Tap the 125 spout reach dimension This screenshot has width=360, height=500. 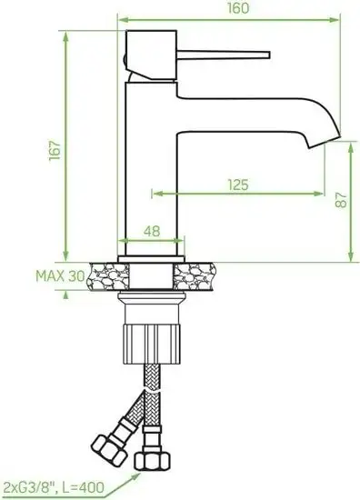(x=238, y=185)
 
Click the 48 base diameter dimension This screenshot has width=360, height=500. (x=152, y=231)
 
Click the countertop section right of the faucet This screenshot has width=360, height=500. (x=202, y=273)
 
